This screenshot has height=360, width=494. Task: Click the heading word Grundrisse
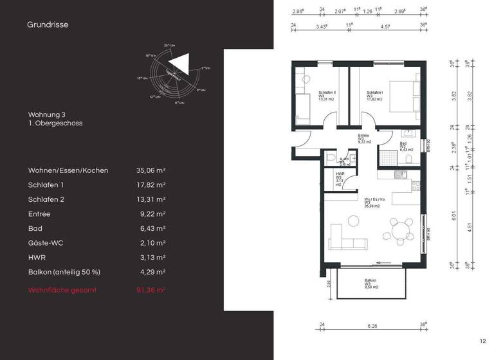pyautogui.click(x=48, y=25)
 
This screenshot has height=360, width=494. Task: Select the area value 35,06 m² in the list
pyautogui.click(x=151, y=170)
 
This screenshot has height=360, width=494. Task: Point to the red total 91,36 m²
pyautogui.click(x=151, y=290)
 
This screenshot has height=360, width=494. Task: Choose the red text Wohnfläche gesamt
pyautogui.click(x=62, y=290)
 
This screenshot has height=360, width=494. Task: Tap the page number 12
pyautogui.click(x=482, y=341)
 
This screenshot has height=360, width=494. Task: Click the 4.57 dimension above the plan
pyautogui.click(x=385, y=26)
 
